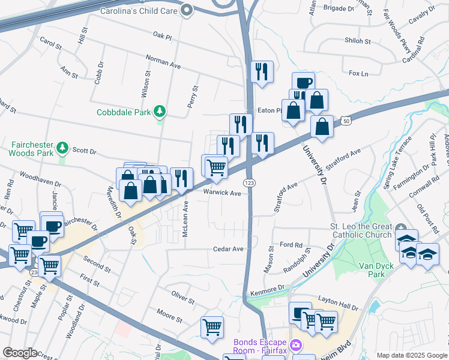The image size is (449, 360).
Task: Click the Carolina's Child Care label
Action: point(140,10)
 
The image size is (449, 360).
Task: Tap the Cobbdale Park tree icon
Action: point(160,111)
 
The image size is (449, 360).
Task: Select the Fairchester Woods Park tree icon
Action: point(62,147)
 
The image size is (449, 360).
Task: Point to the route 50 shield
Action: point(347,121)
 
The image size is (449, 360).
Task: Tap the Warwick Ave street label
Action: point(221,193)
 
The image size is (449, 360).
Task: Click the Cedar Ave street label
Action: point(229,248)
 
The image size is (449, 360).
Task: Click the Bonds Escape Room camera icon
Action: point(296,344)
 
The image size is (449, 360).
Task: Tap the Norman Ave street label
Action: point(164,61)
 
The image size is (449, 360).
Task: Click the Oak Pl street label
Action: point(162,37)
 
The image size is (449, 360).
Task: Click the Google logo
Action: point(20,353)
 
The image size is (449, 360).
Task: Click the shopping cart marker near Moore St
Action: point(212,328)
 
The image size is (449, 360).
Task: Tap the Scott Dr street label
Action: point(84,150)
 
